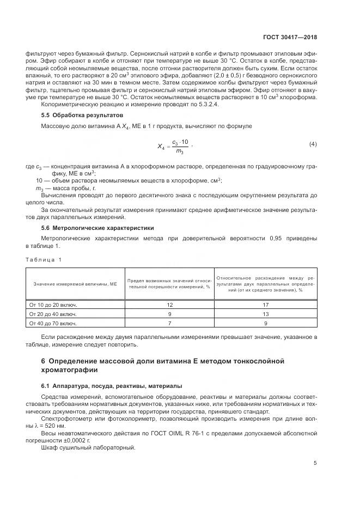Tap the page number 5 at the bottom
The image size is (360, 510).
click(315, 463)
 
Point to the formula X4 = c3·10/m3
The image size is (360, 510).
click(173, 145)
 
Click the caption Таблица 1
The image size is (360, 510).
click(44, 259)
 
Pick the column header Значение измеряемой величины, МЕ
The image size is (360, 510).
click(75, 283)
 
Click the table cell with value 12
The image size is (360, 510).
click(169, 305)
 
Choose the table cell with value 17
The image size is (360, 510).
click(266, 305)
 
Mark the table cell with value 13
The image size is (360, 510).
click(266, 314)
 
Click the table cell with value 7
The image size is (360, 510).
click(169, 324)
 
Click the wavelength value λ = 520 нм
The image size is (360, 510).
click(54, 426)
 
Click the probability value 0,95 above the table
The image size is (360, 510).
click(277, 239)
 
